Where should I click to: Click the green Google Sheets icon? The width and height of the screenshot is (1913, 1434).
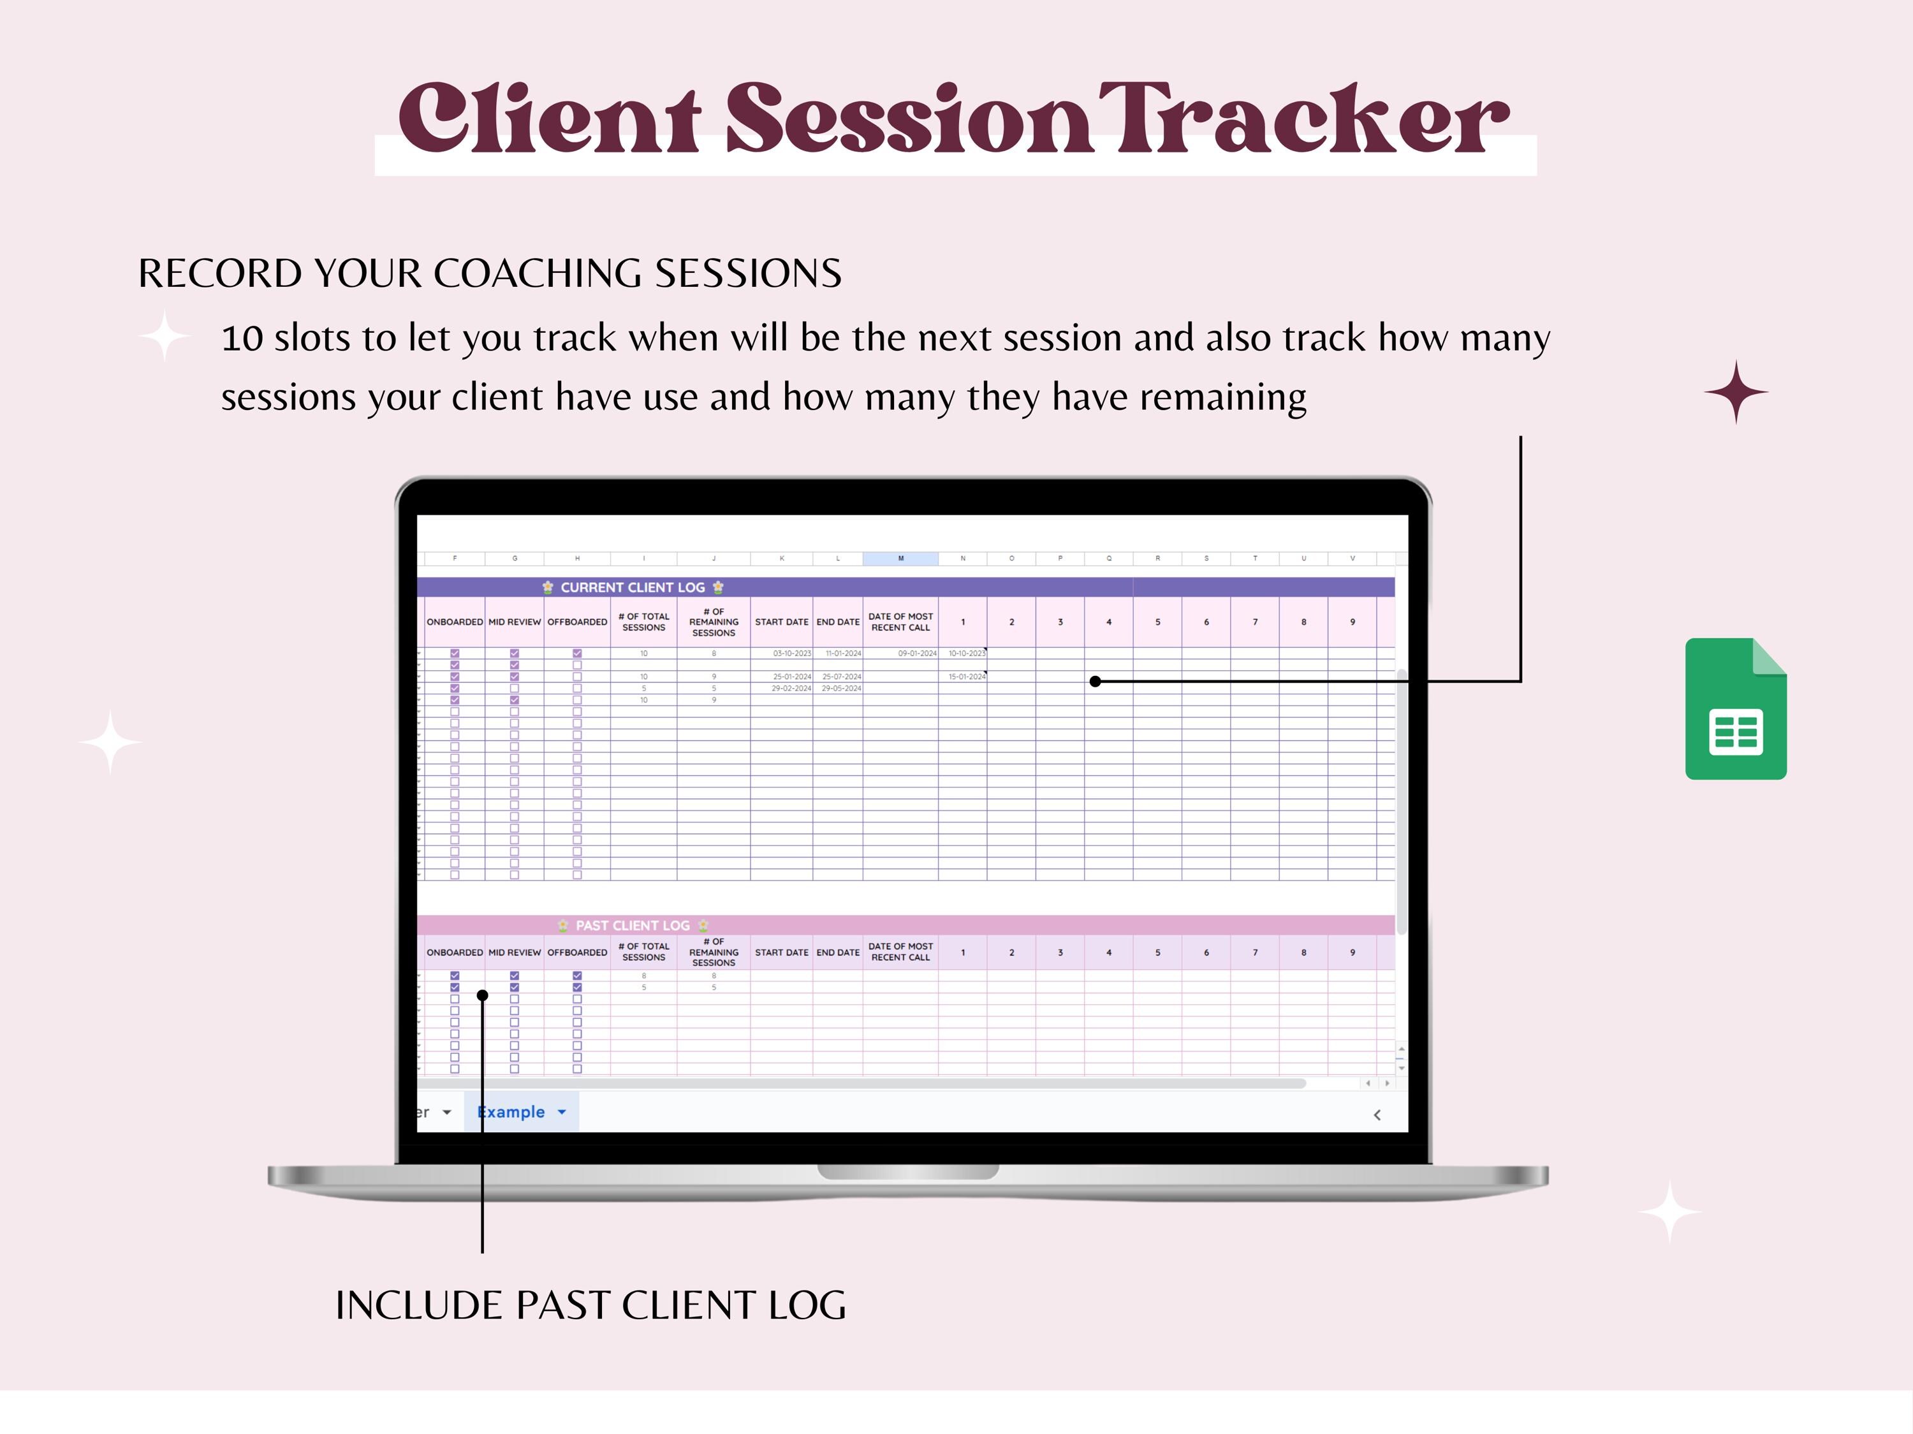coord(1735,709)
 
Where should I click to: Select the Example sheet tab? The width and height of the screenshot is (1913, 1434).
coord(511,1112)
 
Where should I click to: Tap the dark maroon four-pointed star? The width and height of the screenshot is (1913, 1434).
coord(1736,391)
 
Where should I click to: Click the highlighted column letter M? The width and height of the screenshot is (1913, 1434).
coord(900,559)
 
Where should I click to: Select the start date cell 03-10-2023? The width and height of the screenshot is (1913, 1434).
coord(791,654)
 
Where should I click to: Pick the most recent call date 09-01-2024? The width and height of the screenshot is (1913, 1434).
coord(917,654)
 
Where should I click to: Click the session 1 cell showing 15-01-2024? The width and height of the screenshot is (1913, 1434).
coord(966,677)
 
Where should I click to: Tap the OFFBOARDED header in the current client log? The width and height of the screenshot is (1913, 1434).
coord(577,622)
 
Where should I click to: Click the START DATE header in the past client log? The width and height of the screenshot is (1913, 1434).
coord(781,952)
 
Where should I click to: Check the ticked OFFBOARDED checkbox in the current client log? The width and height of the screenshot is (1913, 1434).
coord(577,654)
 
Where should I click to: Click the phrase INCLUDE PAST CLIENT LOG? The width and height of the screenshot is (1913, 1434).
coord(590,1305)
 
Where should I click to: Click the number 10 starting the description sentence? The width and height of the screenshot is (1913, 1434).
coord(242,338)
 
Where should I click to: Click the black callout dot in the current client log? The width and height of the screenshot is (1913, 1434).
coord(1095,682)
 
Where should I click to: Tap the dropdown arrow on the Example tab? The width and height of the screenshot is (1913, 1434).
coord(561,1112)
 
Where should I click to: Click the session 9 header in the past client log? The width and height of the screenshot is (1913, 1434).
coord(1352,952)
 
